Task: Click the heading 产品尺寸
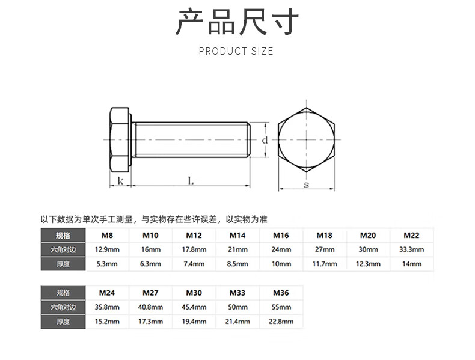tap(237, 23)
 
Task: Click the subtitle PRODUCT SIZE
tap(236, 51)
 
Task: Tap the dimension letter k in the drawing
tap(120, 180)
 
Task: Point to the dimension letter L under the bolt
tap(191, 180)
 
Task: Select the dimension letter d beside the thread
tap(265, 139)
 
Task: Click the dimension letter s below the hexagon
tap(306, 185)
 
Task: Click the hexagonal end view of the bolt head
tap(306, 139)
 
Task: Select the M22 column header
tap(411, 235)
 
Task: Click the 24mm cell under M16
tap(281, 249)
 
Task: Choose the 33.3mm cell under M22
tap(411, 249)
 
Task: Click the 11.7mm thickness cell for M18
tap(324, 264)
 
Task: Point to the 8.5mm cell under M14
tap(237, 264)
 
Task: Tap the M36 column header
tap(281, 293)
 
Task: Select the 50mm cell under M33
tap(237, 307)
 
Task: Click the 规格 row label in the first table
tap(63, 235)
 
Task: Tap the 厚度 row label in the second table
tap(63, 322)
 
